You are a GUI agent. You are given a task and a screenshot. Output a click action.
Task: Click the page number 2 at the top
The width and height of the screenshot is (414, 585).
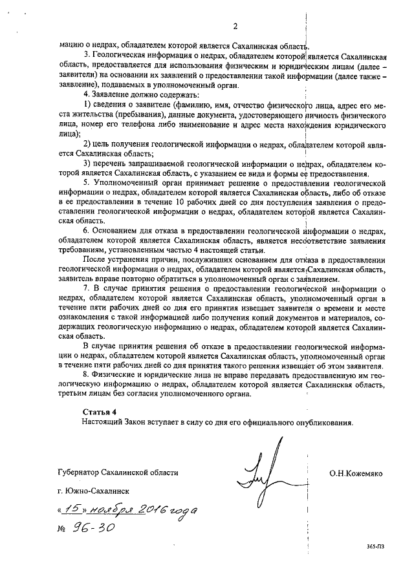[x=235, y=27]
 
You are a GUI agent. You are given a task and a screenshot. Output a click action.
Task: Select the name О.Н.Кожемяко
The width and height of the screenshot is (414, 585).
[x=356, y=473]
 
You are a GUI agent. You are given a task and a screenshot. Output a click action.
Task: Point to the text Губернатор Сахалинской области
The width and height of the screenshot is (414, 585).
[x=117, y=473]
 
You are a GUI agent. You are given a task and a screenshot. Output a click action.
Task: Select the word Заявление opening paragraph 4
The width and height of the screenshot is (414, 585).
[x=114, y=95]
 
